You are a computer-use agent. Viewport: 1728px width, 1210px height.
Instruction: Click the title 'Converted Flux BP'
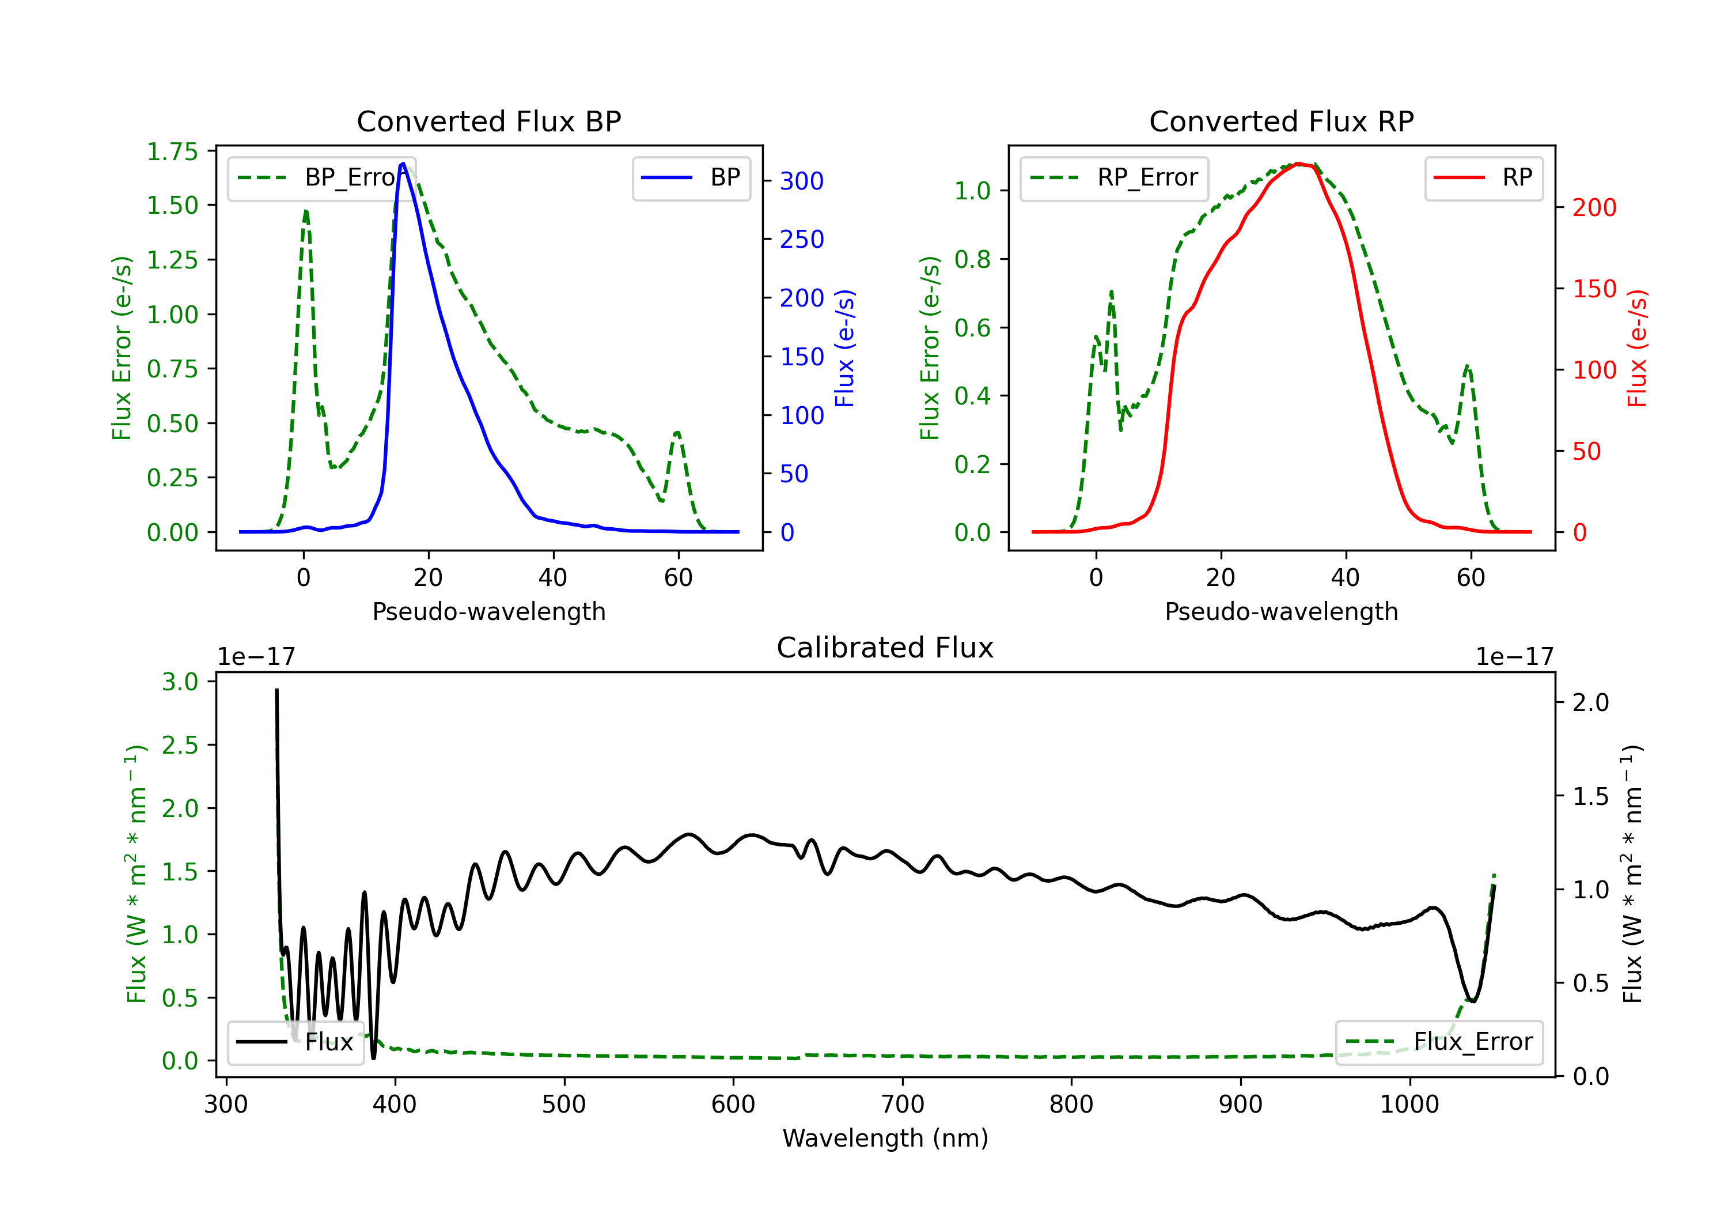pos(488,121)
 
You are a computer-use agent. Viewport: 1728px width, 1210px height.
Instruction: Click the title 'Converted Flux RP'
pos(1281,121)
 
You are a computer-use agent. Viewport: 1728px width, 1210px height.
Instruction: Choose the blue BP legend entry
pos(691,177)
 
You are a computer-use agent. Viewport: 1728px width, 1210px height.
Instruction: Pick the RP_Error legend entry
pos(1114,177)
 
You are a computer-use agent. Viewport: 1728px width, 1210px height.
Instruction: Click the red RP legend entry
pos(1483,177)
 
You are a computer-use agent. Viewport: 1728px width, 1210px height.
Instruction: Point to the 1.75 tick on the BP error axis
pos(172,152)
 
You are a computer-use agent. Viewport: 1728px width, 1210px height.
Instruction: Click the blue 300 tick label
pos(802,181)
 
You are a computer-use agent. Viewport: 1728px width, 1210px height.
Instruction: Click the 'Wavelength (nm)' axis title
pos(885,1138)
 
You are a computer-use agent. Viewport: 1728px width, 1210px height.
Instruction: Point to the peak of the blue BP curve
pos(403,164)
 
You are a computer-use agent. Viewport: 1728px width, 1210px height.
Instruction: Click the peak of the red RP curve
pos(1298,164)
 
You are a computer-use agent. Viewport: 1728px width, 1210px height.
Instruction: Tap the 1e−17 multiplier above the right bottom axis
pos(1514,657)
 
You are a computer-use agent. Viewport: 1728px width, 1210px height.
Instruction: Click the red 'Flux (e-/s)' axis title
pos(1637,348)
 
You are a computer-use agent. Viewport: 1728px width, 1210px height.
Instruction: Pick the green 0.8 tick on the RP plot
pos(972,259)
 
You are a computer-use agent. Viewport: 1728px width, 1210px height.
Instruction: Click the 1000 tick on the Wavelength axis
pos(1409,1104)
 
